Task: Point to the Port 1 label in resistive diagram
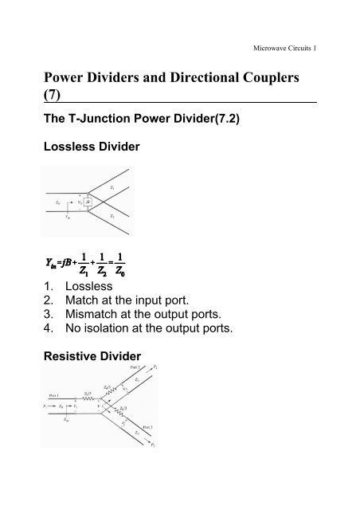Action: (52, 394)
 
